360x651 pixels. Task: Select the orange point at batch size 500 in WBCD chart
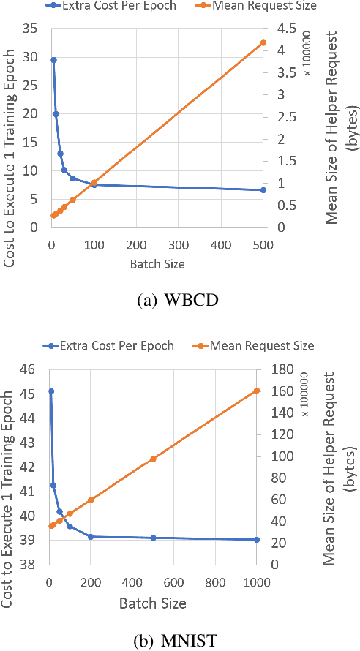click(263, 43)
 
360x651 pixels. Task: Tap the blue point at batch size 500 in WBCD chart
click(263, 190)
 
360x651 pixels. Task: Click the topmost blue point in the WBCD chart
click(53, 60)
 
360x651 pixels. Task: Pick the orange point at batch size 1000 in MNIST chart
click(257, 391)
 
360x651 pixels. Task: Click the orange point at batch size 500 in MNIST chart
click(153, 459)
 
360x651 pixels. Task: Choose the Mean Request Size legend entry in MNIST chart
click(252, 345)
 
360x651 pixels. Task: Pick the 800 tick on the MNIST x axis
click(215, 582)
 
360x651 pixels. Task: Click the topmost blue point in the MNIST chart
click(50, 391)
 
